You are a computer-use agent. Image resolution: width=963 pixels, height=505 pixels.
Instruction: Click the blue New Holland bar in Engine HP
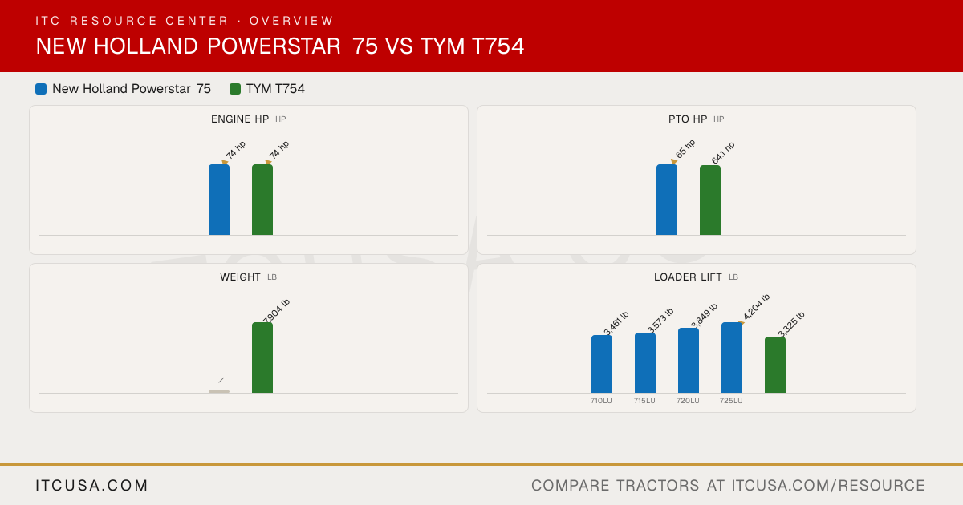click(219, 200)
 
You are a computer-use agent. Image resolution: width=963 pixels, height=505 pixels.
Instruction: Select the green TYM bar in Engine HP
click(262, 200)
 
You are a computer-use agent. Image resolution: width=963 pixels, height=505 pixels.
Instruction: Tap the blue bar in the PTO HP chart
click(667, 200)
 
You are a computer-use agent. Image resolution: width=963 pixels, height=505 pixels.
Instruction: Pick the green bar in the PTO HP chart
click(710, 200)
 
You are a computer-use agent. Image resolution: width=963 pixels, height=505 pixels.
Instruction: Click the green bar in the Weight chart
click(262, 358)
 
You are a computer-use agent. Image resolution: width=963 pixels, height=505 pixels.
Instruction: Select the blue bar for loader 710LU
click(602, 364)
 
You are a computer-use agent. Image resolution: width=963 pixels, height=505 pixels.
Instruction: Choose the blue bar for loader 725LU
click(732, 358)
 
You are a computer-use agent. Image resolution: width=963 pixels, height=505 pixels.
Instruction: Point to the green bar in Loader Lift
click(775, 365)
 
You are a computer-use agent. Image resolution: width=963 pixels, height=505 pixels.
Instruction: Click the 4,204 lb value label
click(756, 307)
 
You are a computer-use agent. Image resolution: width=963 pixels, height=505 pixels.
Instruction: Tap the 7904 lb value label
click(276, 311)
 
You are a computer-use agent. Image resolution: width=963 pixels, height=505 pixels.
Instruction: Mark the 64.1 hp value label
click(723, 153)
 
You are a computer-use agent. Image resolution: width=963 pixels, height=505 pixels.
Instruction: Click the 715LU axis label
click(644, 401)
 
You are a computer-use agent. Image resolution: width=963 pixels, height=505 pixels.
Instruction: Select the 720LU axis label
click(688, 401)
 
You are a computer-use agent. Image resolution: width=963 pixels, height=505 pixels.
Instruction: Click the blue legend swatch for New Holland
click(41, 89)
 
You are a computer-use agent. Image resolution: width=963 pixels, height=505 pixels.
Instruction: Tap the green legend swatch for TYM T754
click(234, 89)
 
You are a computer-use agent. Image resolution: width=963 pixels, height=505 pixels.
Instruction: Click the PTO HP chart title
click(688, 119)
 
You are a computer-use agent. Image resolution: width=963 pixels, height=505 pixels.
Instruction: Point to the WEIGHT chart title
click(240, 277)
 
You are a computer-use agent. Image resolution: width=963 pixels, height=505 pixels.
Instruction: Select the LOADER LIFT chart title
click(688, 277)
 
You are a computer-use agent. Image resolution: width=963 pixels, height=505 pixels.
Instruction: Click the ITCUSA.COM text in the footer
click(91, 485)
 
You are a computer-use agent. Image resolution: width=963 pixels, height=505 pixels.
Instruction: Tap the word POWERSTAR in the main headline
click(274, 46)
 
